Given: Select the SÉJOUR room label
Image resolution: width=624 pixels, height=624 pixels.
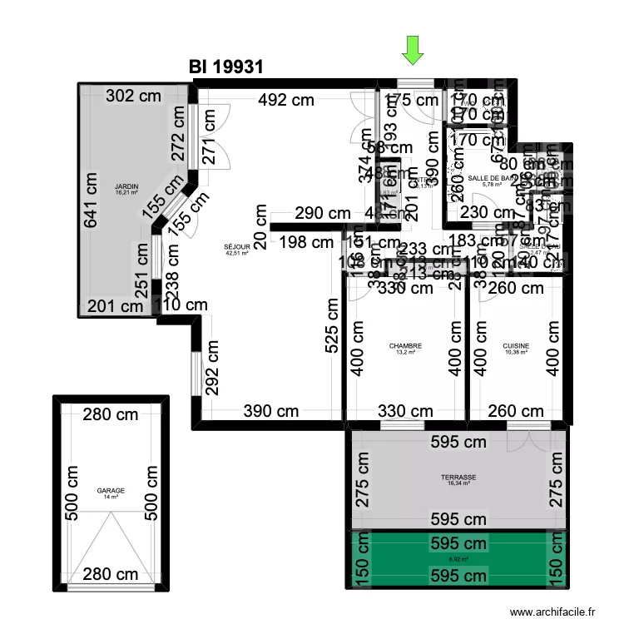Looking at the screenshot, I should point(236,247).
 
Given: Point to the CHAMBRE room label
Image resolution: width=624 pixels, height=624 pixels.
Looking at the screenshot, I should point(405,346).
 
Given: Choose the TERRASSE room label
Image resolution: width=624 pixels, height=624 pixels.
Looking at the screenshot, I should point(458,478).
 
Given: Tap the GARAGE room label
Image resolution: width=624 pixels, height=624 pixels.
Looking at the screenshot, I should point(111,491).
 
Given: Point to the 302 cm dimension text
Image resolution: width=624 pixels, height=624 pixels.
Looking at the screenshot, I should point(133,96).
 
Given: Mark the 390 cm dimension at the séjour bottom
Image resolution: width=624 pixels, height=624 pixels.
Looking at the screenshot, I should point(270,410).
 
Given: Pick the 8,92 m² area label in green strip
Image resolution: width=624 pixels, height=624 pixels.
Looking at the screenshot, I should point(458,560).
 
